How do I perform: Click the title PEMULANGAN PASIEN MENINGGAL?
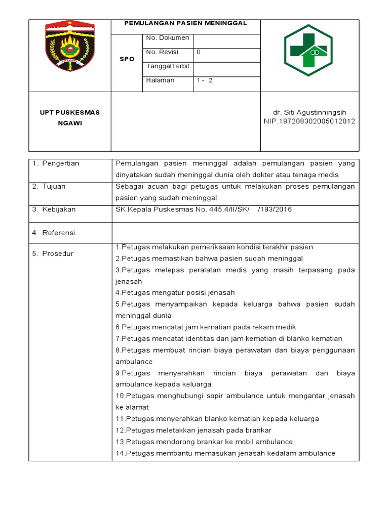186,23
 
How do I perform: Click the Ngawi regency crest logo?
70,48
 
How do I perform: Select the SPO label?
127,59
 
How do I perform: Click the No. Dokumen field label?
167,38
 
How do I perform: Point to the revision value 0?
199,52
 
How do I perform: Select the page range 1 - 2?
205,80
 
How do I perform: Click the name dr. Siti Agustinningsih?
309,112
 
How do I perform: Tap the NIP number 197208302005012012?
309,121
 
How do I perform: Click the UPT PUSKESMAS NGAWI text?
70,117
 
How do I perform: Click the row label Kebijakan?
56,209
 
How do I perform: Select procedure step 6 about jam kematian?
206,327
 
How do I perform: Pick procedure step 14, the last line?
225,453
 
